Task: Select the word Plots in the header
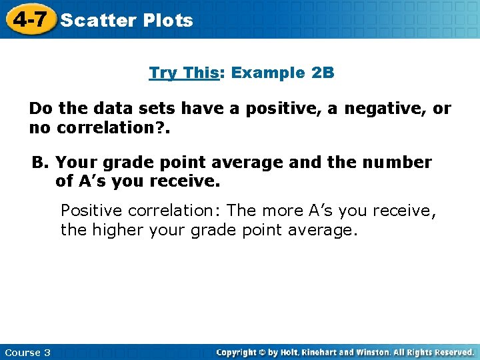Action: (167, 21)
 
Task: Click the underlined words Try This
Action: (183, 73)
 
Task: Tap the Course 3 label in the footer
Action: (27, 352)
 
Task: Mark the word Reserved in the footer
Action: (453, 352)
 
